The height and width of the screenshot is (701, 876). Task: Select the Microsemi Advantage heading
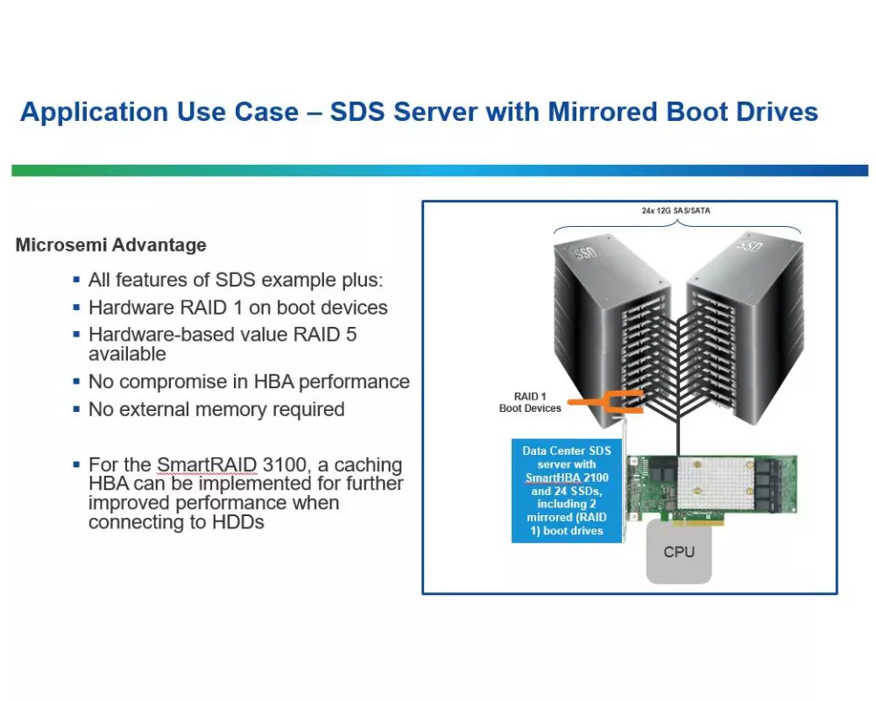110,244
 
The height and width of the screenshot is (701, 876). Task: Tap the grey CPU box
679,552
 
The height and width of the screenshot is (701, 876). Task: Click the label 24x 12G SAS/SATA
676,211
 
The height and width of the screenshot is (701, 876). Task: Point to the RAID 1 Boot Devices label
530,402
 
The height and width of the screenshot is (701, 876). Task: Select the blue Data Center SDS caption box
567,491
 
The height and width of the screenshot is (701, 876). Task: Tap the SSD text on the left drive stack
585,253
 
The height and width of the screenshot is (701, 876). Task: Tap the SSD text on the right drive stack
749,244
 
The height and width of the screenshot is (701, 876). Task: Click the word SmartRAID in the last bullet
206,464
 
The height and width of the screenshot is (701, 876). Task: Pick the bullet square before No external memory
76,409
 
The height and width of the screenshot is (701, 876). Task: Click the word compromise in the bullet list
183,382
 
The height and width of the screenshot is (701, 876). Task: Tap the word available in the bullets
127,354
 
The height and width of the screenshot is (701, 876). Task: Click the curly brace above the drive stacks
677,226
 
